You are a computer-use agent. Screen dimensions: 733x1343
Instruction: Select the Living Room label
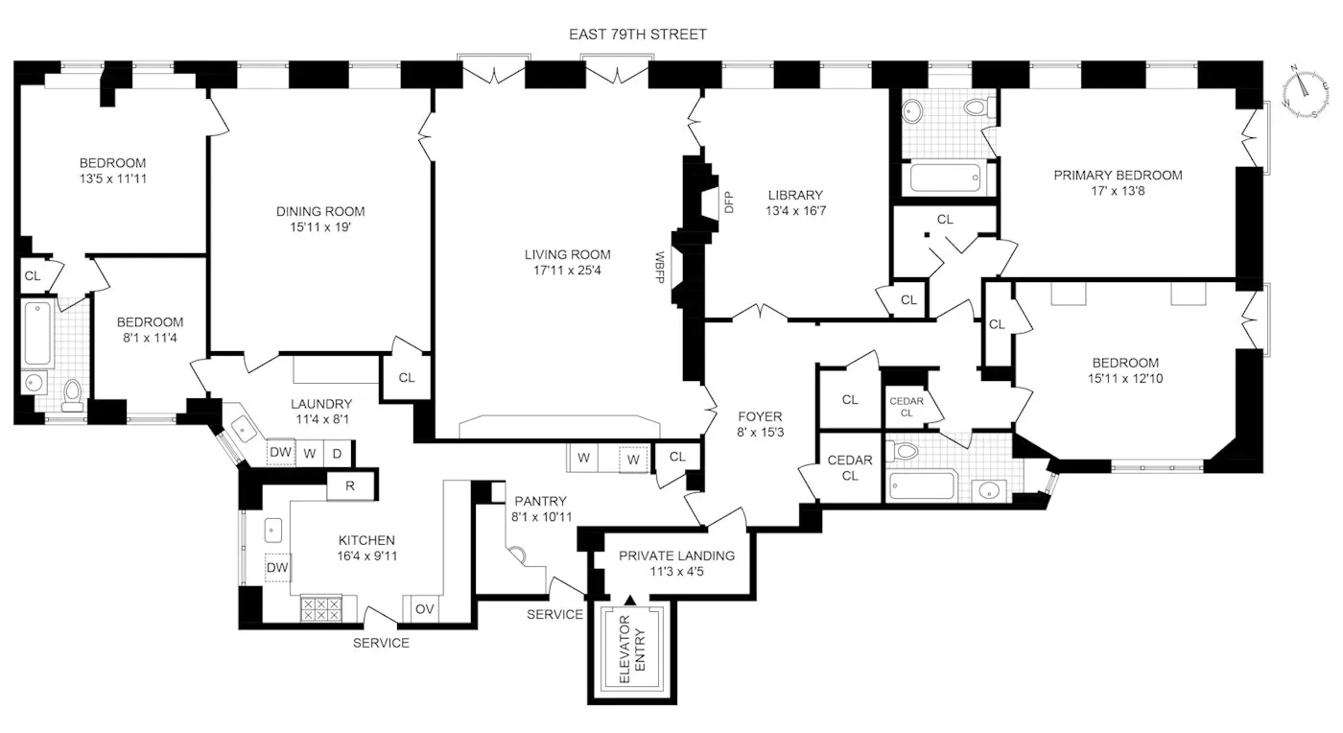pos(567,254)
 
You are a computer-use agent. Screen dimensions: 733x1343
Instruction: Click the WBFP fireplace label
pos(660,265)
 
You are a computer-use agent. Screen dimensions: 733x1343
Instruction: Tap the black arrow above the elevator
pos(629,599)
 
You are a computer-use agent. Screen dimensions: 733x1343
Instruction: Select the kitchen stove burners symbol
pos(320,609)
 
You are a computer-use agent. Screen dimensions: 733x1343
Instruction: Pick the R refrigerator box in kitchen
pos(350,486)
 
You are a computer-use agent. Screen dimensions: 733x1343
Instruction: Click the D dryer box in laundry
pos(338,452)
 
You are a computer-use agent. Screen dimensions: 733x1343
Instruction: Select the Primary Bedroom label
pos(1118,176)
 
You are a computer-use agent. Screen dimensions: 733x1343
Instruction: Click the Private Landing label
pos(676,556)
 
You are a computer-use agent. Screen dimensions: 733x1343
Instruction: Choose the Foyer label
pos(760,416)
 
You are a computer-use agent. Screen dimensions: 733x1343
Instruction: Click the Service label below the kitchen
pos(381,643)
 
